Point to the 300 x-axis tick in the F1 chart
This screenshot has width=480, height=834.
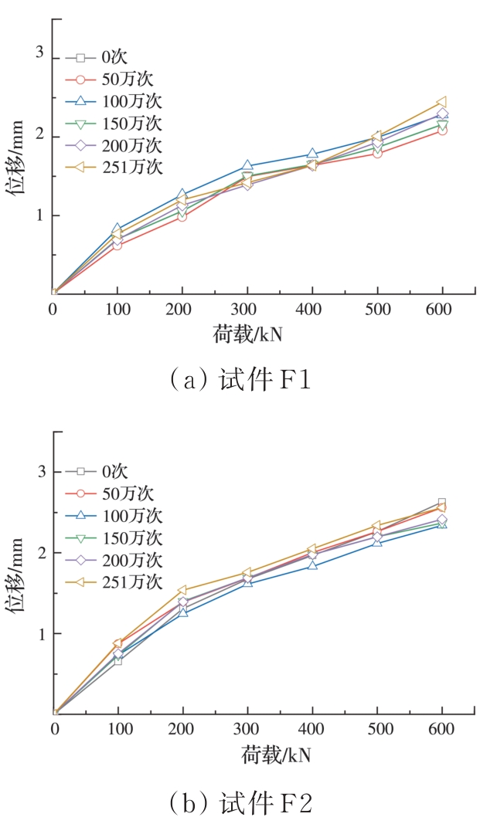tap(247, 310)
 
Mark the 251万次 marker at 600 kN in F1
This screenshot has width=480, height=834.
tap(442, 102)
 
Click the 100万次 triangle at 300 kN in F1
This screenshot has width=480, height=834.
tap(247, 166)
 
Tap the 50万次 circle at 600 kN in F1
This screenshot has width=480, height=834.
tap(442, 131)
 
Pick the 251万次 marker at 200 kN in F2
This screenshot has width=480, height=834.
tap(183, 590)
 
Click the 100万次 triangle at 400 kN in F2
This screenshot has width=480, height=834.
tap(312, 565)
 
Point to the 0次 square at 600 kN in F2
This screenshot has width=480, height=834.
tap(442, 503)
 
